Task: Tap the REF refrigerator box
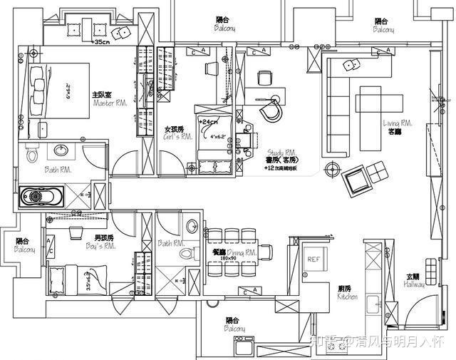313,259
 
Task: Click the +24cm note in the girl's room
208,122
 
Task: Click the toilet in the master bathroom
31,153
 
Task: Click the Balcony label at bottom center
236,325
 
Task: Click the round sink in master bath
59,150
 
